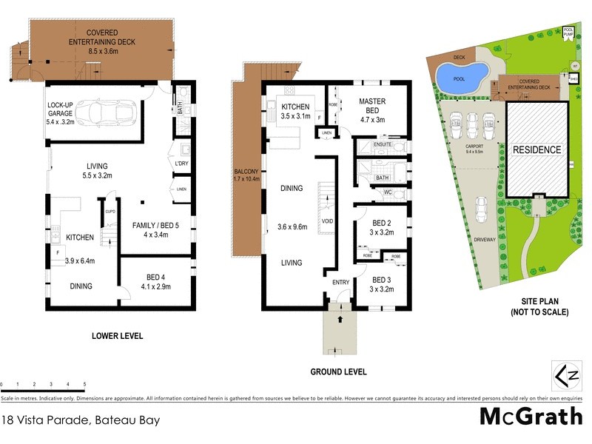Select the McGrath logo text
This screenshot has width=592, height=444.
coord(531,417)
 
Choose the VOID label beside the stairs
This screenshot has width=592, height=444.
coord(326,221)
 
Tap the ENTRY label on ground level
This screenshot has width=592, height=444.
coord(340,282)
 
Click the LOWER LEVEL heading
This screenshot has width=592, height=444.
coord(117,336)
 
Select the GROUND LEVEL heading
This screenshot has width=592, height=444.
coord(339,371)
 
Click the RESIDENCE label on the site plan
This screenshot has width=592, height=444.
coord(537,150)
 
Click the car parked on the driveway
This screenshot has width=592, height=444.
coord(482,211)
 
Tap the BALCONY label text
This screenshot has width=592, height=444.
coord(242,173)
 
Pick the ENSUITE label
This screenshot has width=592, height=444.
coord(383,144)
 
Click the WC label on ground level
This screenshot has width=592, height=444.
coord(387,192)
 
